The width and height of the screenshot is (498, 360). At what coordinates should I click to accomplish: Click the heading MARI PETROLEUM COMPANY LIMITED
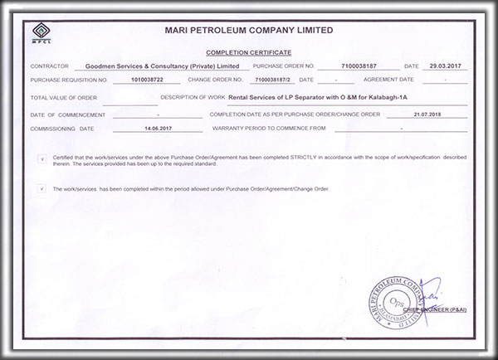[250, 30]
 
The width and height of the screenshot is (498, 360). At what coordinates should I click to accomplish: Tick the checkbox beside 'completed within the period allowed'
[41, 189]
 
